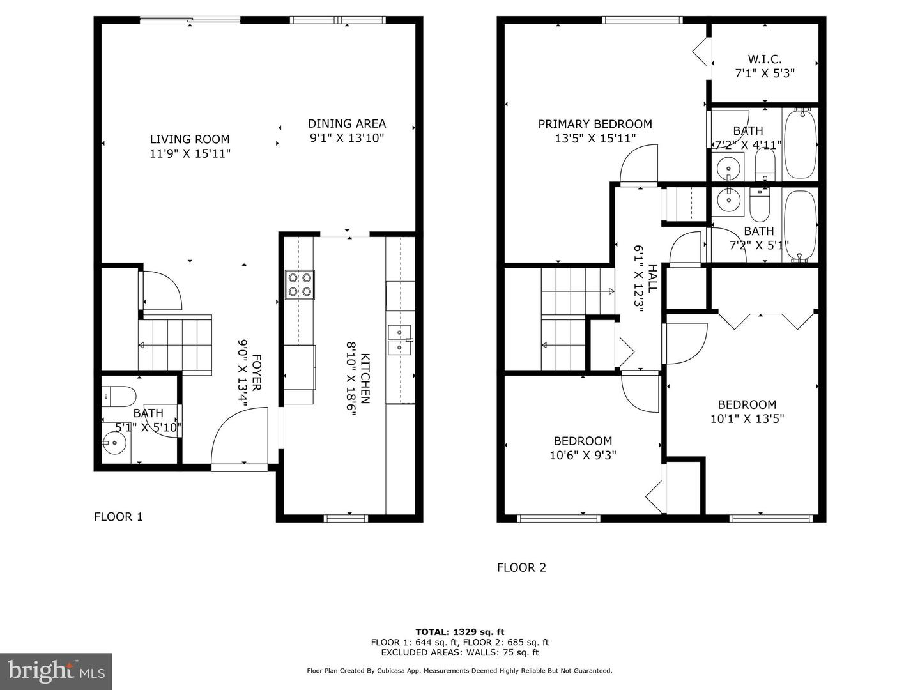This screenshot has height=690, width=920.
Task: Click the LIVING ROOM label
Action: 190,139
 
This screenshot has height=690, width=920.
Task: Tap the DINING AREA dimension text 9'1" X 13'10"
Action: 347,138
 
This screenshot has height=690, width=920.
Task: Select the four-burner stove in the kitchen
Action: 300,285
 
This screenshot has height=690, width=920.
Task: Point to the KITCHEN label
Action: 365,378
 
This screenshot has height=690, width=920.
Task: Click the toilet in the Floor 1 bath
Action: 119,396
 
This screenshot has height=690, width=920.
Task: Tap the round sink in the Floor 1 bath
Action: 115,442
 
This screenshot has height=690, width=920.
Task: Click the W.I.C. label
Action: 764,59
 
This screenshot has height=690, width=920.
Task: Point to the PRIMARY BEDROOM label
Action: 595,124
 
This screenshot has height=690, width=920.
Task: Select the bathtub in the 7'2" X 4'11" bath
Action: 800,144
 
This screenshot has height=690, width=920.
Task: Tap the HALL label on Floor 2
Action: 652,278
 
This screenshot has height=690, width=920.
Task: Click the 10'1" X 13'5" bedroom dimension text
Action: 747,419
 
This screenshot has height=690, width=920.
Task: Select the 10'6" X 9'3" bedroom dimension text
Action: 583,456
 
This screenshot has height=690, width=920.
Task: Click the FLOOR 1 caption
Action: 118,517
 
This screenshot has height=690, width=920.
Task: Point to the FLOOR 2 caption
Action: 521,567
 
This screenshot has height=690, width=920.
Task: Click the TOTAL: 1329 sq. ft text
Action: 459,632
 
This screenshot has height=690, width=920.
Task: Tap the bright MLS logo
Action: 56,671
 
